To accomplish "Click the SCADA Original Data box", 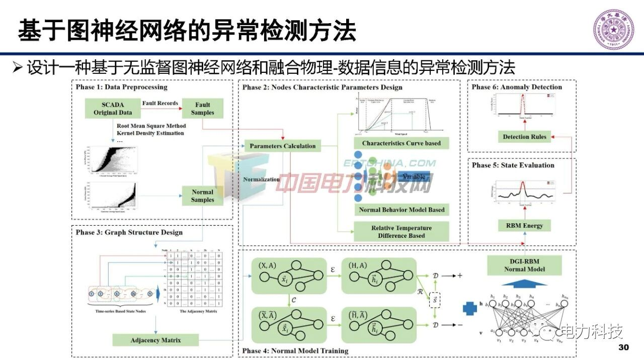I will point(113,109).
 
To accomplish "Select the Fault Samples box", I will point(202,109).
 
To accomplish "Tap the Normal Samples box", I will point(202,196).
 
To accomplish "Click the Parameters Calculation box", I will point(283,146).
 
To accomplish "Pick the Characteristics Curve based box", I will point(401,143).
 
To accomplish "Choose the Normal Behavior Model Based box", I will point(401,210).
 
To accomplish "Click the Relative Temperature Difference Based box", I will point(401,231).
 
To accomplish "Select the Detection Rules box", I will point(524,137).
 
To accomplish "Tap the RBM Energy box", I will point(524,226).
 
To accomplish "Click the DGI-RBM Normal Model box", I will point(524,265).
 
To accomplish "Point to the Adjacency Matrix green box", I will point(155,340).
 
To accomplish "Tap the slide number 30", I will point(623,348).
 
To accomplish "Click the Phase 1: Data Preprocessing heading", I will point(122,87).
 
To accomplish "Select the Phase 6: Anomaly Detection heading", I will point(517,87).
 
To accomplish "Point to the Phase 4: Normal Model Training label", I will point(295,350).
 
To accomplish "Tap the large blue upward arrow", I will point(524,283).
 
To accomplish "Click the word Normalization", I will point(261,179).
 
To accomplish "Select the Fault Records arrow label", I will point(160,103).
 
